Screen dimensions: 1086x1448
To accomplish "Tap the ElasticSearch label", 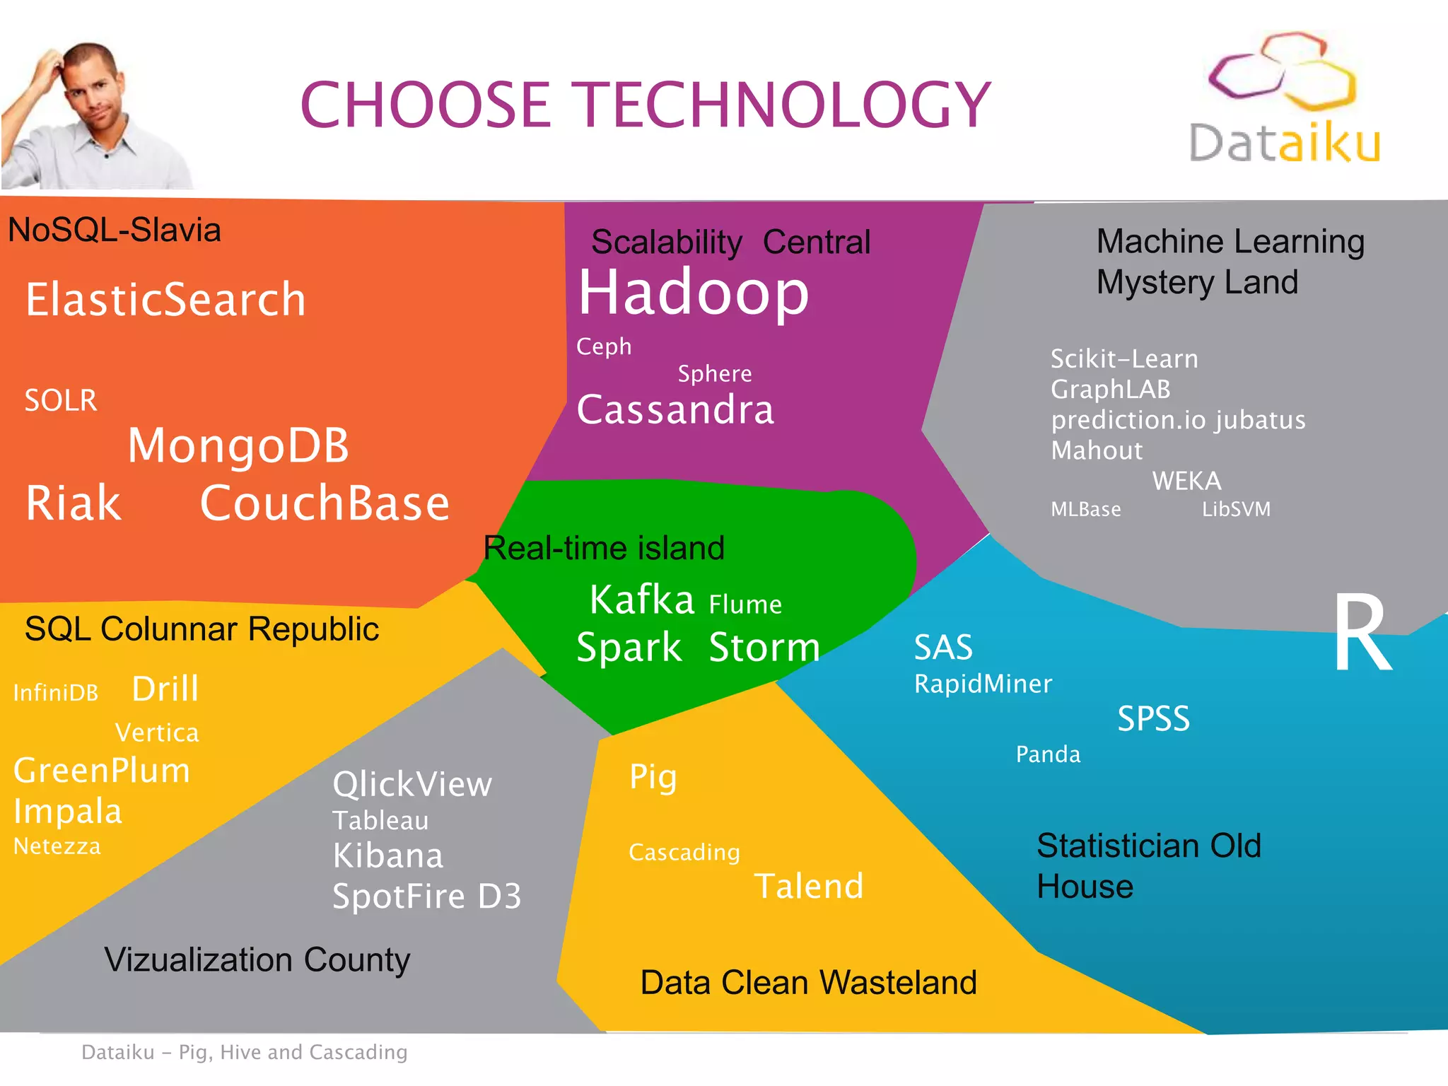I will tap(165, 299).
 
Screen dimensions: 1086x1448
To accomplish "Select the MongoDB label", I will tap(238, 445).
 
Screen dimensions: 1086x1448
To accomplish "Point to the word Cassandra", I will tap(675, 409).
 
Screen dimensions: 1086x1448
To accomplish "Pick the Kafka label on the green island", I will tap(642, 600).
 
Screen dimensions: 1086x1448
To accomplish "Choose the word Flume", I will tap(745, 605).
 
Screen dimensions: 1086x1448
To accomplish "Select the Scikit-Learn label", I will tap(1124, 358).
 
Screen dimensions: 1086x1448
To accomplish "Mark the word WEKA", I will tap(1186, 481).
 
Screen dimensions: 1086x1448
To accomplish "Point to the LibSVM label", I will tap(1236, 509).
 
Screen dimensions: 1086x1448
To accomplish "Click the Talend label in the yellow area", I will tap(809, 886).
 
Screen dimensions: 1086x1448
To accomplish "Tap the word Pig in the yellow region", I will tap(653, 778).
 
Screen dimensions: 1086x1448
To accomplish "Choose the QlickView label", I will tap(412, 784).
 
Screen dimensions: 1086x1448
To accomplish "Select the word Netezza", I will tap(57, 846).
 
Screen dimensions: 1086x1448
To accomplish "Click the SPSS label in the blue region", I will tap(1153, 719).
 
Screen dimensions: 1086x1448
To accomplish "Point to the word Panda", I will tap(1048, 754).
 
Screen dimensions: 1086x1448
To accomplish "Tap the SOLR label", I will tap(61, 400).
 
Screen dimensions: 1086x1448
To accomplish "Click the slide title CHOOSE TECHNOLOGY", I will tap(646, 105).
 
